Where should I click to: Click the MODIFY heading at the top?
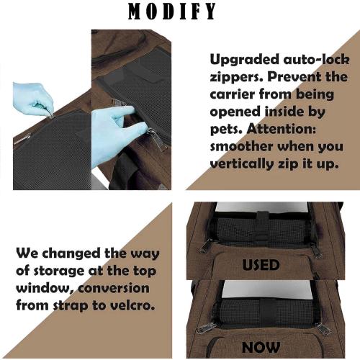(x=172, y=12)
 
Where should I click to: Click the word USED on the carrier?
(x=261, y=265)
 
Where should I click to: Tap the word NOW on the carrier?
(x=261, y=347)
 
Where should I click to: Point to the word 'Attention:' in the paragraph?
(x=282, y=129)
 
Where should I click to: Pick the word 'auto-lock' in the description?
(x=316, y=59)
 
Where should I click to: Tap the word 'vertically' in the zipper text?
(x=242, y=164)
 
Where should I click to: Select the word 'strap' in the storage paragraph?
(x=71, y=306)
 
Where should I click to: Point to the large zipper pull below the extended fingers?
(x=157, y=139)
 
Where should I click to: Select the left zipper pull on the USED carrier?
(x=206, y=246)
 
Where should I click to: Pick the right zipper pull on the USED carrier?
(x=315, y=251)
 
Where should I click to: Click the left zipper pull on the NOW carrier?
(x=205, y=328)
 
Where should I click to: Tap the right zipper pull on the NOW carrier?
(x=323, y=329)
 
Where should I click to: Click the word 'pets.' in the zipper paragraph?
(x=227, y=130)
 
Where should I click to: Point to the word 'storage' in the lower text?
(x=59, y=271)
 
